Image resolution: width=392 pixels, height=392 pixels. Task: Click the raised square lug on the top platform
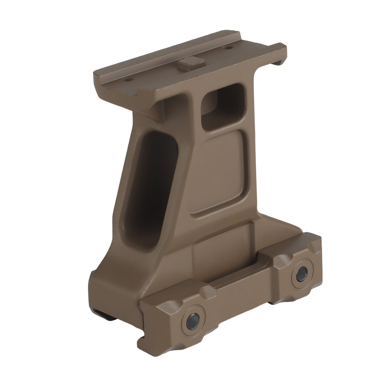(x=191, y=62)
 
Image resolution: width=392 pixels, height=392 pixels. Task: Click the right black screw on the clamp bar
(x=301, y=274)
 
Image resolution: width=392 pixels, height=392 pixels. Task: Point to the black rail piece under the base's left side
(x=103, y=314)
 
